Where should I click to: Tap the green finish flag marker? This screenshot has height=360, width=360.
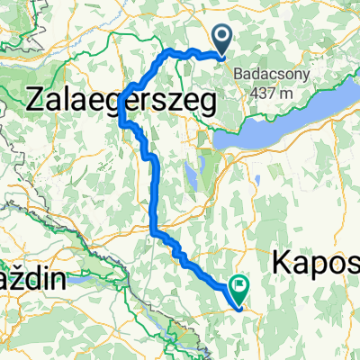click(239, 291)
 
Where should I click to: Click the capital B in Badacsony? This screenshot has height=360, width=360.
click(239, 76)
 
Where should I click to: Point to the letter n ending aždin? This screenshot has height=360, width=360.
click(58, 280)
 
